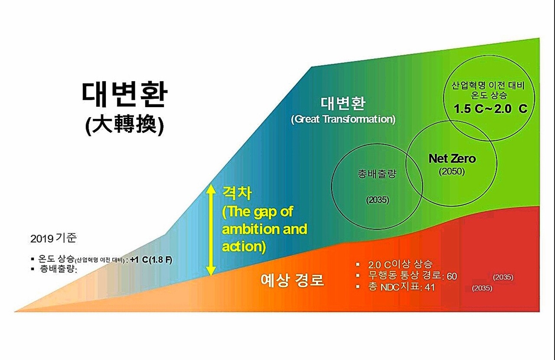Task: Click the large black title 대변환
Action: [124, 95]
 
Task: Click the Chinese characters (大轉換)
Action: [124, 126]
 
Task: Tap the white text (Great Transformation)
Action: [343, 119]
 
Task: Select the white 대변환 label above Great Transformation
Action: [343, 103]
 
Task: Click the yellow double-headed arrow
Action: [211, 230]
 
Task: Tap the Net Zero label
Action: [452, 158]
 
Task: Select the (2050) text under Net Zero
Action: [452, 171]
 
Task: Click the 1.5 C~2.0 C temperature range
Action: [490, 109]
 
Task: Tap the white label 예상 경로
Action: [292, 280]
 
